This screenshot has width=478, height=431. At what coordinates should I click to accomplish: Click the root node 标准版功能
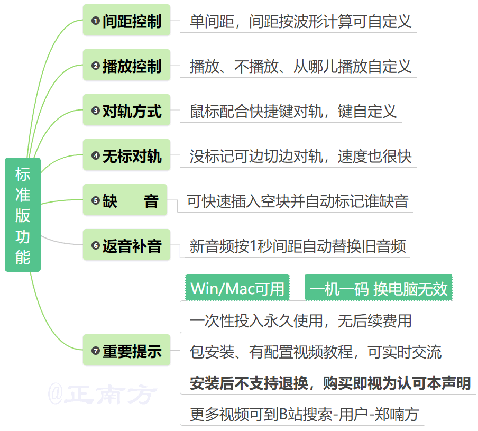point(23,215)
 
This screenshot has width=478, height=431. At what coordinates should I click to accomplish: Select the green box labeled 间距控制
point(126,21)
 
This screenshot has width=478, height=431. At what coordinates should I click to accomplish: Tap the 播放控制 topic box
point(126,66)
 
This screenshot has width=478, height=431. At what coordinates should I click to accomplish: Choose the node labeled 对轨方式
point(126,111)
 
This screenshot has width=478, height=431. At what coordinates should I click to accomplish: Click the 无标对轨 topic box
point(126,156)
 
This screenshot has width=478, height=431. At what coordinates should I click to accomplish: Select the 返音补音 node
point(126,245)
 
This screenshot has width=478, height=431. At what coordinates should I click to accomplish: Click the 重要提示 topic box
point(126,351)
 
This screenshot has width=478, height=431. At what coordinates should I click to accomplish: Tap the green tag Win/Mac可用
point(237,288)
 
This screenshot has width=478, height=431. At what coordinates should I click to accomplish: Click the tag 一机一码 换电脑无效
point(379,288)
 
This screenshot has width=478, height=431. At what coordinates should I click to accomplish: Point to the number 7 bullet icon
point(95,351)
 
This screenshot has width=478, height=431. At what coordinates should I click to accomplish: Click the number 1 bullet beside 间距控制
point(95,21)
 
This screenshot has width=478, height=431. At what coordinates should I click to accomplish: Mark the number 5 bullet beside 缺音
point(95,200)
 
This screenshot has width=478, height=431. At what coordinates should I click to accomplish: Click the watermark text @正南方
point(103,395)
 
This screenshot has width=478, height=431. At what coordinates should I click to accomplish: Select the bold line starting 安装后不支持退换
point(330,383)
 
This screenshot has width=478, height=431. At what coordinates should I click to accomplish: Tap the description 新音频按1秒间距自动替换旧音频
point(298,246)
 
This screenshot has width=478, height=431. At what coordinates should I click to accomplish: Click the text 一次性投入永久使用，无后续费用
point(300,320)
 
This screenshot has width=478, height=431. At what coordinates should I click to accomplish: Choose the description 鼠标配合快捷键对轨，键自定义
point(293,112)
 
